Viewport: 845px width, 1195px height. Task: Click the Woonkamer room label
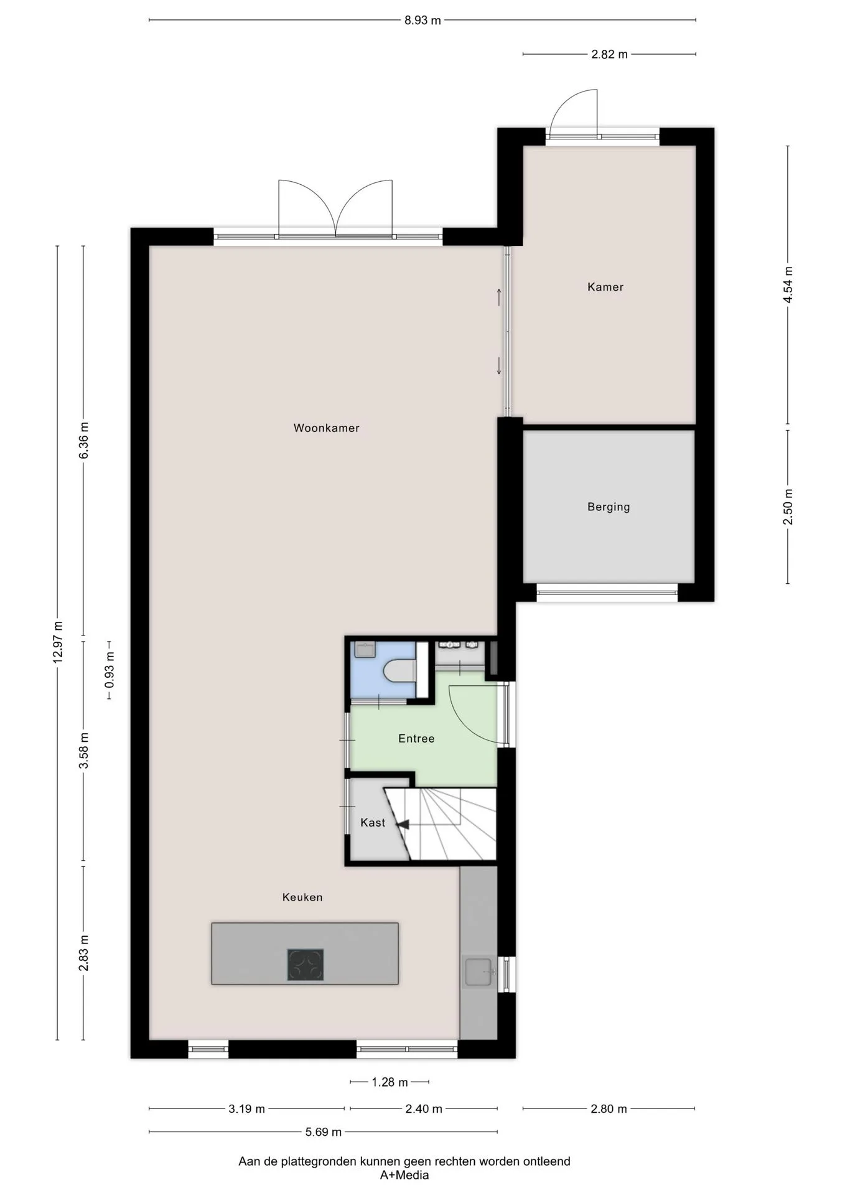point(326,428)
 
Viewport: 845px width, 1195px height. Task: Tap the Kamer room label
point(605,287)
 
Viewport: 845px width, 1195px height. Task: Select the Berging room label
point(609,507)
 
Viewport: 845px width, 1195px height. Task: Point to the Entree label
point(416,739)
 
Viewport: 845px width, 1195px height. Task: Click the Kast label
point(373,823)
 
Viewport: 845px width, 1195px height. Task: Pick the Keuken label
point(302,897)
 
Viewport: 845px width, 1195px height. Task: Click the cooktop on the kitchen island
point(305,965)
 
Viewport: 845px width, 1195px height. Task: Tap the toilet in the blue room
point(400,671)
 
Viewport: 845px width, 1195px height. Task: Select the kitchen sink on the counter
point(479,972)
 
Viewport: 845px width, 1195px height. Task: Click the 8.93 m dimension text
point(422,21)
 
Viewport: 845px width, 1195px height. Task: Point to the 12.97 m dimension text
point(58,642)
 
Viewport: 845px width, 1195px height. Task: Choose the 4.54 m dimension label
point(788,285)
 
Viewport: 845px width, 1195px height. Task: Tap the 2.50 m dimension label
point(788,505)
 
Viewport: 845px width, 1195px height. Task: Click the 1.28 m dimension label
point(390,1082)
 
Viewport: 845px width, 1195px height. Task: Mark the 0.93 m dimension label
point(110,670)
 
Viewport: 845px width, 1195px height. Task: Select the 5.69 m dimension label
point(323,1132)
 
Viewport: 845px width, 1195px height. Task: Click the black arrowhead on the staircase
point(403,825)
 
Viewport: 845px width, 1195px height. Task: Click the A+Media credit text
point(404,1175)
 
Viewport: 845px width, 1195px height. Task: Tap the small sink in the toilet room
point(364,650)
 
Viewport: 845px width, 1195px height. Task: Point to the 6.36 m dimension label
point(84,441)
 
